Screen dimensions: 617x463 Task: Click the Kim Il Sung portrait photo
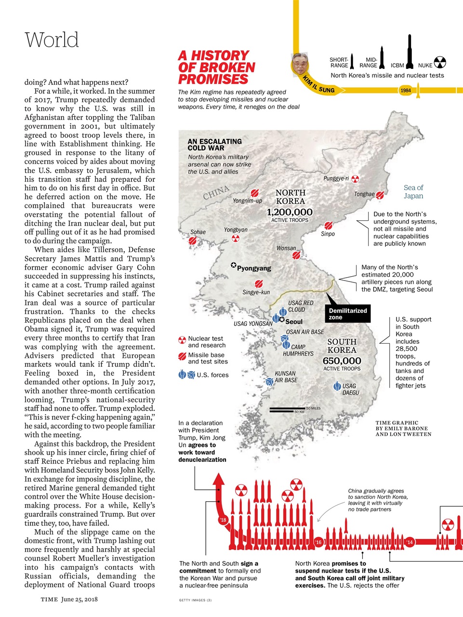click(300, 63)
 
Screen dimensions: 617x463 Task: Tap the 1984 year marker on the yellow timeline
click(406, 90)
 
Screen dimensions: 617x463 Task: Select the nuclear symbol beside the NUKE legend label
click(440, 63)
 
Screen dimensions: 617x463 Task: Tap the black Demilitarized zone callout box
click(348, 314)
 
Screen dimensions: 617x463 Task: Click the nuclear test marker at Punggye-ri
click(355, 179)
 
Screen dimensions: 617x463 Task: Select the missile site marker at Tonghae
click(380, 195)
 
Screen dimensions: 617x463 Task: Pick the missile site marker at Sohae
click(193, 240)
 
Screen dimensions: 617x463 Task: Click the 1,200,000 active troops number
click(290, 212)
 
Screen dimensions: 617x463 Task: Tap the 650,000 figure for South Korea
click(342, 361)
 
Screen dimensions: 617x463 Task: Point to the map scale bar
click(287, 410)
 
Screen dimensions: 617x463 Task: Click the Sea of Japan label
click(413, 192)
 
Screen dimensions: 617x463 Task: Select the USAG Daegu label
click(350, 389)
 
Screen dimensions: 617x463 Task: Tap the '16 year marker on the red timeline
click(318, 542)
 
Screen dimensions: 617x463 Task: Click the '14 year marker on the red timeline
click(410, 542)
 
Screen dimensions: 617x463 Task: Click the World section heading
click(52, 40)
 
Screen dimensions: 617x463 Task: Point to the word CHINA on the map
click(216, 193)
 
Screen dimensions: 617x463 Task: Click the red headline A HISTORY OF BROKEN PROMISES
click(216, 67)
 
